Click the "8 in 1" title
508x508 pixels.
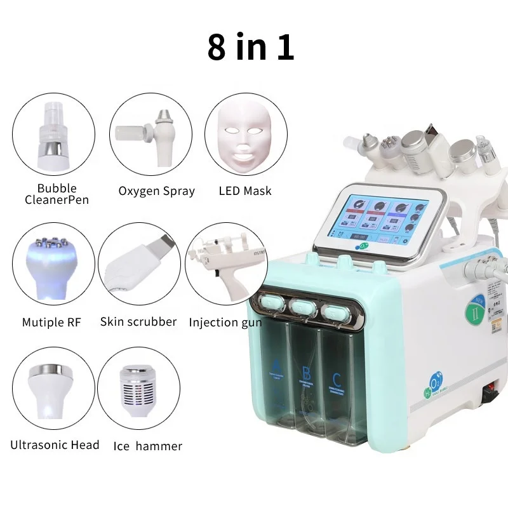[250, 48]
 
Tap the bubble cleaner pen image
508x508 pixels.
[53, 134]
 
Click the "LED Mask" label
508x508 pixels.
[244, 191]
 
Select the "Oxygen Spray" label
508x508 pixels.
[156, 191]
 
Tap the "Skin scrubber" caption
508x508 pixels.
[138, 322]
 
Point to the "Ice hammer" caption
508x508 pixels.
[147, 446]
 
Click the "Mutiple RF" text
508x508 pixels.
[53, 323]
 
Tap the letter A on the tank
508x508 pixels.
[277, 366]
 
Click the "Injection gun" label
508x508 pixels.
[226, 323]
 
